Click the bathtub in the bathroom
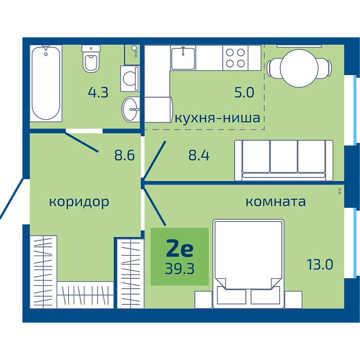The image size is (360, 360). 46,83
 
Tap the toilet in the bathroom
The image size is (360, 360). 91,59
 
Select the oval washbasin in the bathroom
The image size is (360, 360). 131,109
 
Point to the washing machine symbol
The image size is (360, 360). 130,79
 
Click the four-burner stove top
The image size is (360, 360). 236,58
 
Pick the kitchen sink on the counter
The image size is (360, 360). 183,58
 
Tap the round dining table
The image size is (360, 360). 299,68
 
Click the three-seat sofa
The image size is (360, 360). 284,160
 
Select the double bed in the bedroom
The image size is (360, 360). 248,263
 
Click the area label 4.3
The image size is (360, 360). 98,93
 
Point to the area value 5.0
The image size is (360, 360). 244,93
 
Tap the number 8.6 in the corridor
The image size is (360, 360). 124,155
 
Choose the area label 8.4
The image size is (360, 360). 199,155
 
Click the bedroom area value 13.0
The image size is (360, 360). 320,264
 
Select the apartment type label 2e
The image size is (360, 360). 180,248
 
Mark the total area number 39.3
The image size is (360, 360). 179,268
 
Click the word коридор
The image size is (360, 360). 79,203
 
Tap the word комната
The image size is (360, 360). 276,202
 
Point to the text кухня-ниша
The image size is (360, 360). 218,118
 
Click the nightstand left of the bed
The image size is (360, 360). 204,300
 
